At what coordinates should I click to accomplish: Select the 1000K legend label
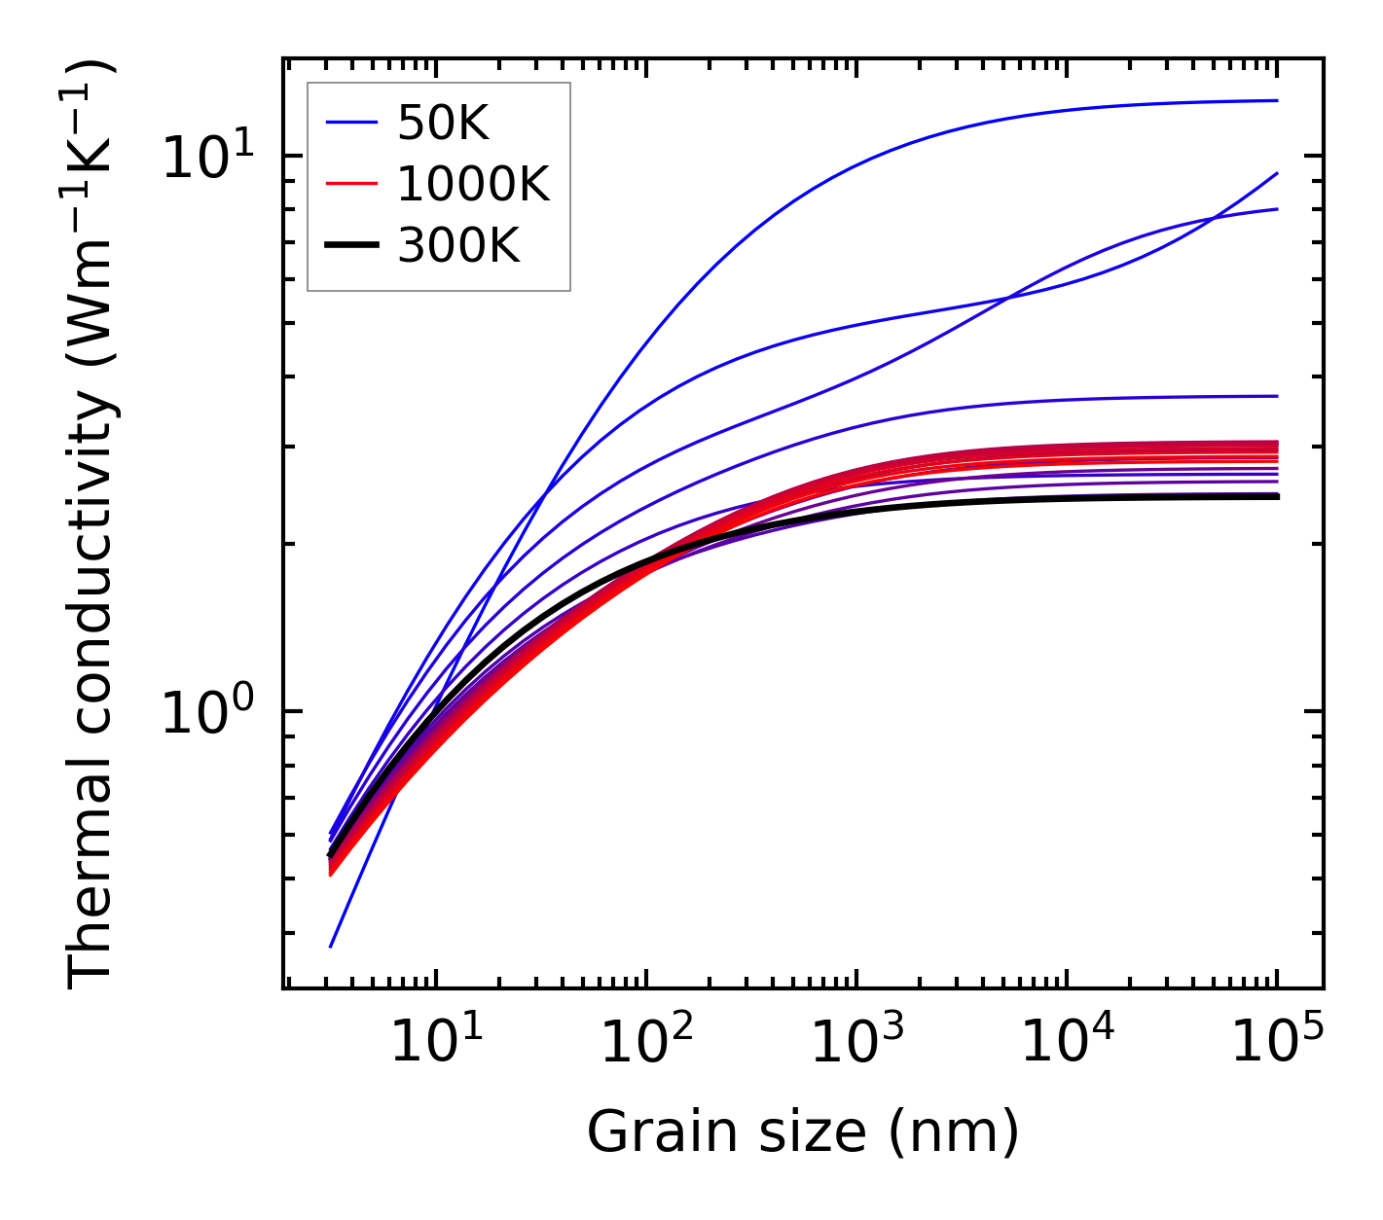coord(473,184)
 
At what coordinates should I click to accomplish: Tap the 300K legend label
coord(458,246)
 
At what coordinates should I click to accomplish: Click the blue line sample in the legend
coord(351,123)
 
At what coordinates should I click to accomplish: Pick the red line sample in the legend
coord(351,184)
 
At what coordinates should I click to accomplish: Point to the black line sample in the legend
coord(351,246)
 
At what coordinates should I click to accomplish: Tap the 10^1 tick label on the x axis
coord(434,1043)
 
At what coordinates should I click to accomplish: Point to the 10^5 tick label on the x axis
coord(1275,1043)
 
